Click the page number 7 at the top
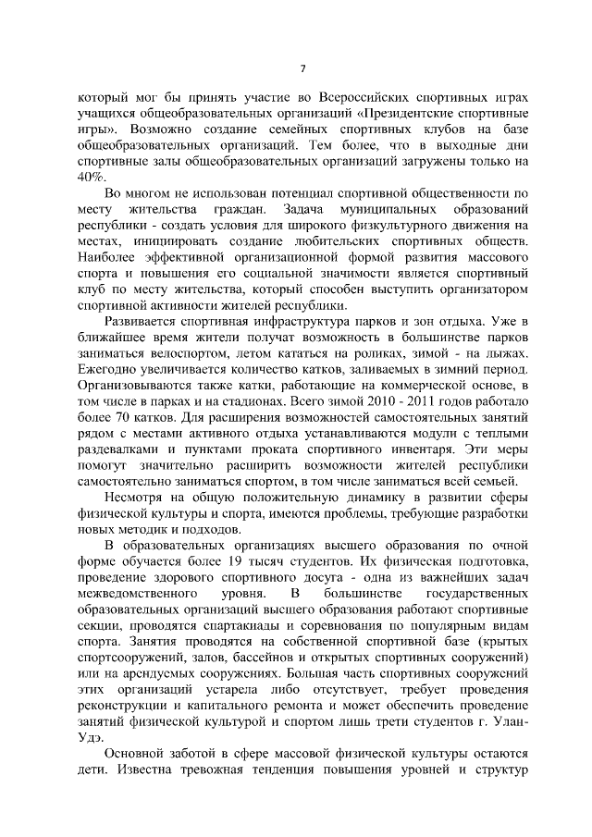(302, 69)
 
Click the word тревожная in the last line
(248, 771)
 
